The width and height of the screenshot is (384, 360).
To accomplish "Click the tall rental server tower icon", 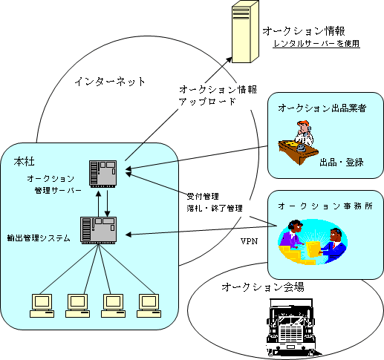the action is click(x=245, y=32).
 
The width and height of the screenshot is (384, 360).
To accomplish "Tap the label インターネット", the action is click(x=110, y=82).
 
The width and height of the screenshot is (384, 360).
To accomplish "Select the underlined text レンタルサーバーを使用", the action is click(x=316, y=44).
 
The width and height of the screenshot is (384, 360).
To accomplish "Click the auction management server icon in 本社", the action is click(x=103, y=174).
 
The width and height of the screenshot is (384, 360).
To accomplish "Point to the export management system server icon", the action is click(x=99, y=230).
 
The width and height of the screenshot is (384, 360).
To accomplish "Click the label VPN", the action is click(x=250, y=241).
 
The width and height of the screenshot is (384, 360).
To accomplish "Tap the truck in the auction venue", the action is click(x=291, y=327).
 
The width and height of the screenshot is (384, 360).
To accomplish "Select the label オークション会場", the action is click(x=263, y=287).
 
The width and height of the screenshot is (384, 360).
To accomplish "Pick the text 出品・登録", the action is click(x=342, y=163).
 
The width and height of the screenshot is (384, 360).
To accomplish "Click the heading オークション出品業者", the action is click(x=322, y=108).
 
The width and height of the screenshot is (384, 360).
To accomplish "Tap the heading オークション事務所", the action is click(x=325, y=206).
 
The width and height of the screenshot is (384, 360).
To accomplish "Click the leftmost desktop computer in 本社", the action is click(x=42, y=306).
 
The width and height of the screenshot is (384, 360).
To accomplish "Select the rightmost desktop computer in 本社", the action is click(x=149, y=306).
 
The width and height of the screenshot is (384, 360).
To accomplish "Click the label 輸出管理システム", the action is click(x=39, y=238).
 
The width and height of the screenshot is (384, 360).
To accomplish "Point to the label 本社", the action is click(x=24, y=162).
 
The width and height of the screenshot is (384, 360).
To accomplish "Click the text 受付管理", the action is click(x=203, y=197).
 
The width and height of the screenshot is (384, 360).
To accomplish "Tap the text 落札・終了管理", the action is click(x=215, y=209).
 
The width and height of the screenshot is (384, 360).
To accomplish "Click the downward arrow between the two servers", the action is click(x=107, y=203).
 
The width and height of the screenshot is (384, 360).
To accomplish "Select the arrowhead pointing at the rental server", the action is click(x=229, y=60).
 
